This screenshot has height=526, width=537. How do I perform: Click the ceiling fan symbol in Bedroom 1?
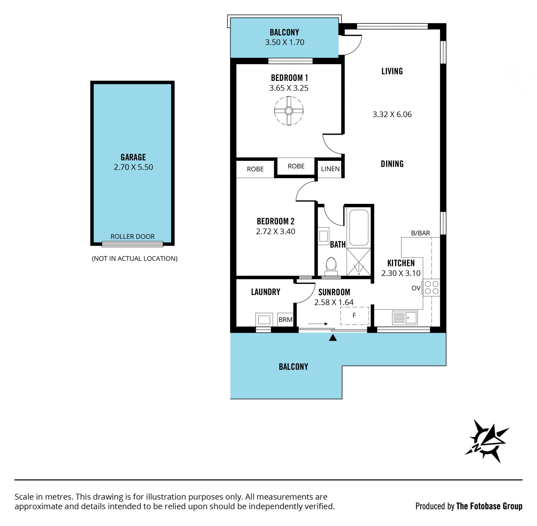[x=289, y=111]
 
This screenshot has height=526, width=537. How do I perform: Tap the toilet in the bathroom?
[x=331, y=267]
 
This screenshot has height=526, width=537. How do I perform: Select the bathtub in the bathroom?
[x=359, y=227]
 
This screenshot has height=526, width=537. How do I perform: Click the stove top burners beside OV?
[x=431, y=287]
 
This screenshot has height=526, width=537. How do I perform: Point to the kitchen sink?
[x=405, y=318]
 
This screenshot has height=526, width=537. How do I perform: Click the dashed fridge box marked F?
[x=354, y=316]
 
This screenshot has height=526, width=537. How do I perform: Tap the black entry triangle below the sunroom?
[x=333, y=338]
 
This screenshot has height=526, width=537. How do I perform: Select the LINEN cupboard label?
[x=330, y=169]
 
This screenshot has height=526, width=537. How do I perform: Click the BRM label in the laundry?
[x=286, y=320]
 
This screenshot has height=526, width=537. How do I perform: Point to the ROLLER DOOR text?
[x=133, y=237]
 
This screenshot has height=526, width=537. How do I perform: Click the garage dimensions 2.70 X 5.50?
[x=133, y=167]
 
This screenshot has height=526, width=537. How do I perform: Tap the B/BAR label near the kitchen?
[x=421, y=233]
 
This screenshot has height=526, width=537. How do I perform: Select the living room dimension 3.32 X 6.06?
[x=392, y=114]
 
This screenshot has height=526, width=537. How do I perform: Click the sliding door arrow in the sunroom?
[x=318, y=324]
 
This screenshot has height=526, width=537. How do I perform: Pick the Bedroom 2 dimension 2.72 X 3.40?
[x=275, y=232]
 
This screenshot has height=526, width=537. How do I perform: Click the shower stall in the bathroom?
[x=359, y=262]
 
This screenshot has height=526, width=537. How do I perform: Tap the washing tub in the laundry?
[x=264, y=319]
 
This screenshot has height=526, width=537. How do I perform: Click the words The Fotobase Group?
[x=489, y=506]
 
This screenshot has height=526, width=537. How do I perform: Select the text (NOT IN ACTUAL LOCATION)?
[x=135, y=259]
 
